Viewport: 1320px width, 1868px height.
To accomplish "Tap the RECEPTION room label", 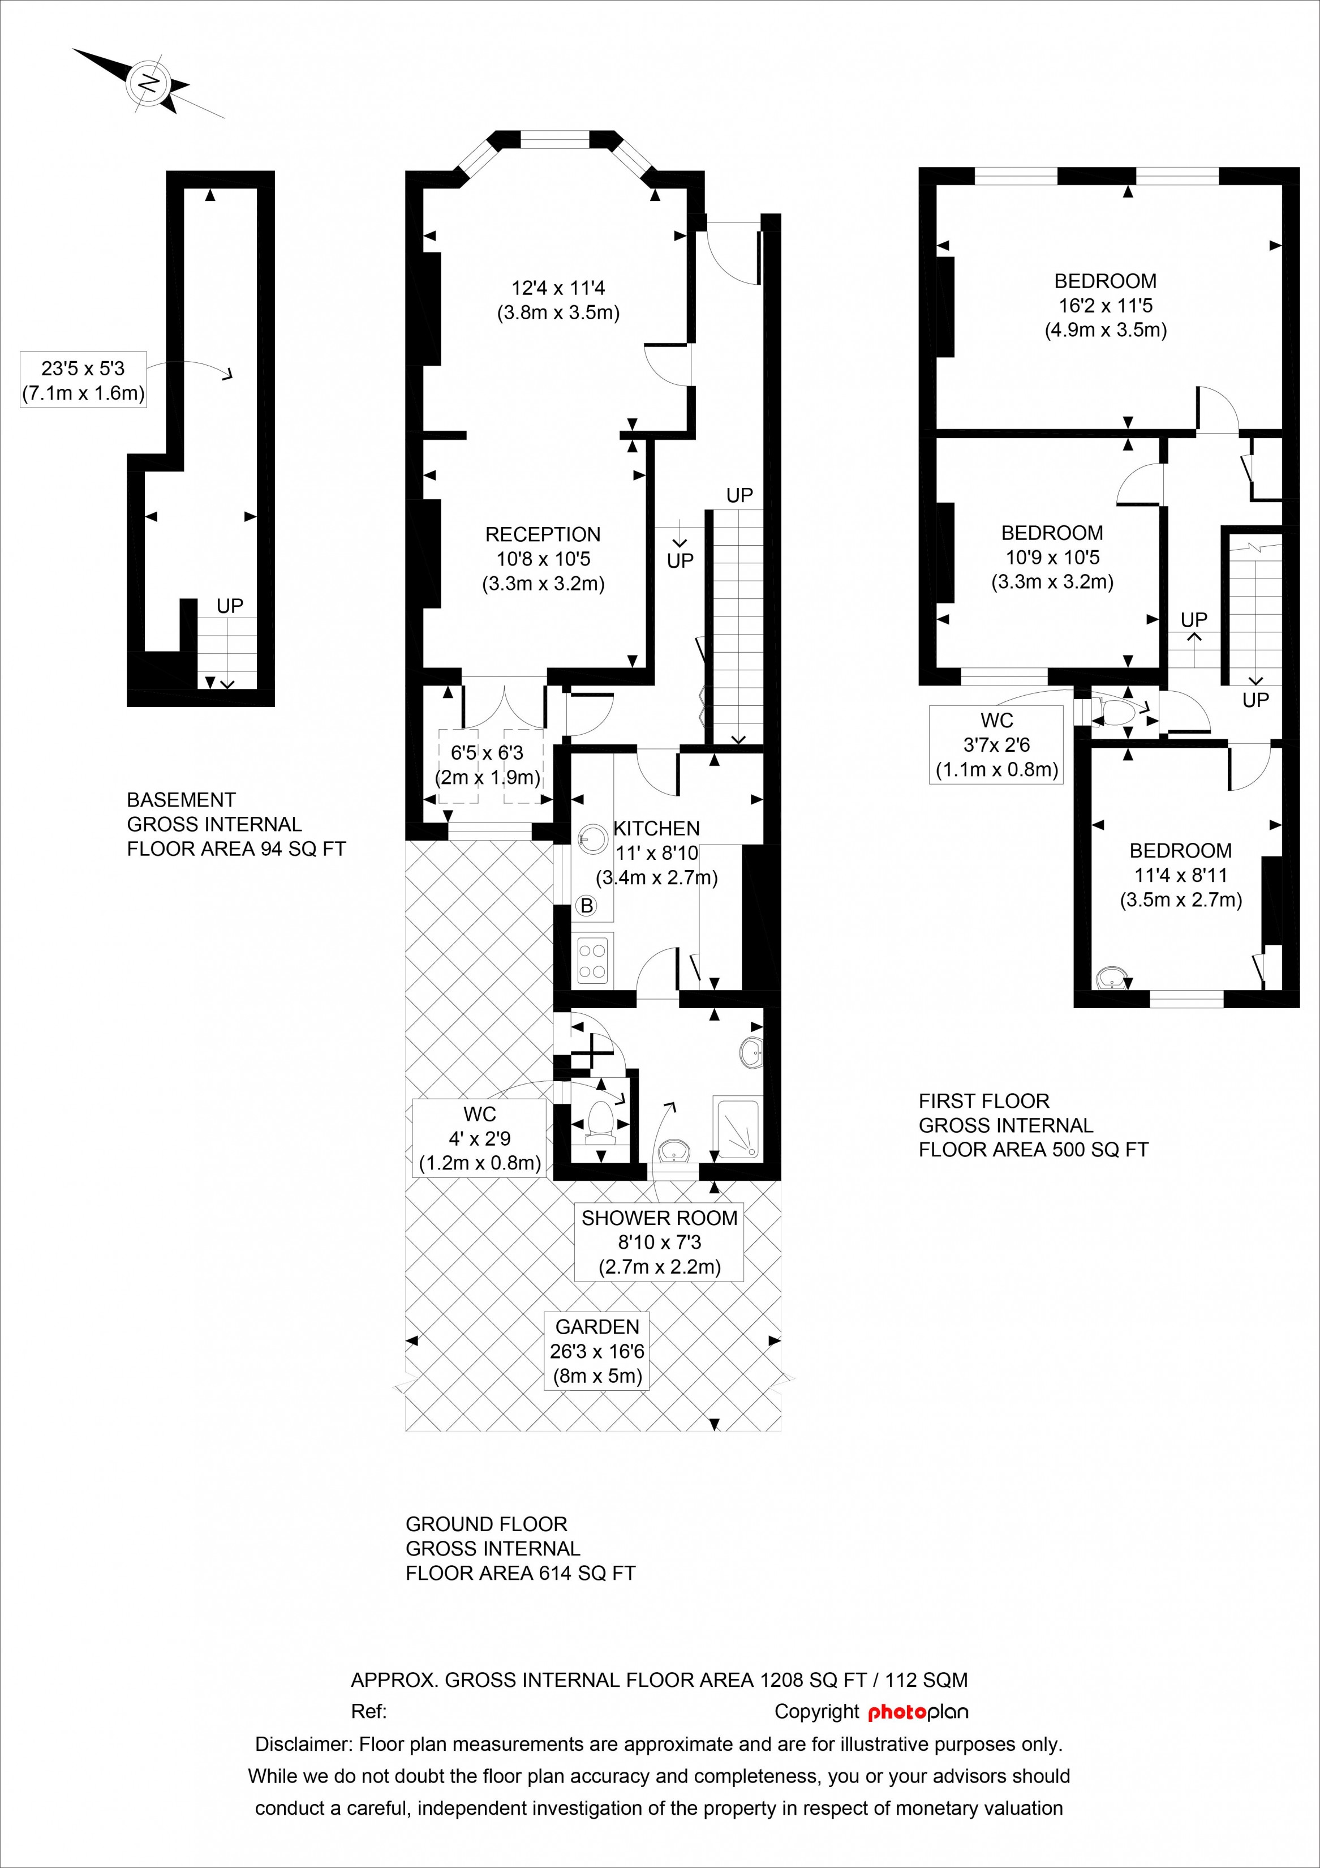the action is click(543, 534).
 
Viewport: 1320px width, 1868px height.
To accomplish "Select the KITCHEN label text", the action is click(656, 828).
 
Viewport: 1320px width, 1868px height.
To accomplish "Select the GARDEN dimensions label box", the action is click(597, 1351).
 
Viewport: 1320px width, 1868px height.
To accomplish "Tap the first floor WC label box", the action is click(996, 744).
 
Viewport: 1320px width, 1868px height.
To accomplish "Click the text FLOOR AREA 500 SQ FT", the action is click(1034, 1150).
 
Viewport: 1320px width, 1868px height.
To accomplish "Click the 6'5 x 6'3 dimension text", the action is click(487, 752).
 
